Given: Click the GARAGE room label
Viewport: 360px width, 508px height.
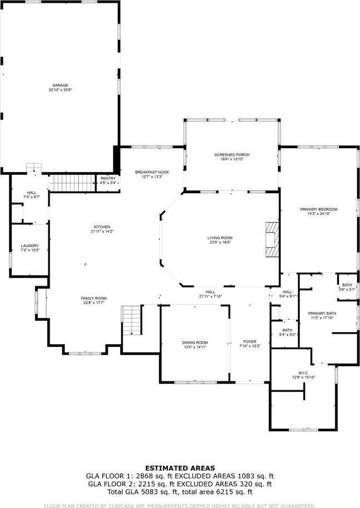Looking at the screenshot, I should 61,85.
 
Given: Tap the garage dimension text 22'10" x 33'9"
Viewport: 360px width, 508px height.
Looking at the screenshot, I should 61,90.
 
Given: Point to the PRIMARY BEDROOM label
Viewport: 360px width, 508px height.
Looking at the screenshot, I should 318,209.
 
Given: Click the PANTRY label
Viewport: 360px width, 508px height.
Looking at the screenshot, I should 108,178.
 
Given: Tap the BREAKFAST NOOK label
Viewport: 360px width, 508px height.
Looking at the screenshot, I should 152,172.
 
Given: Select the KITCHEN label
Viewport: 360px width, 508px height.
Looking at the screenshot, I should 102,227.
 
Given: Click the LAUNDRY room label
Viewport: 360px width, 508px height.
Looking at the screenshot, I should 30,245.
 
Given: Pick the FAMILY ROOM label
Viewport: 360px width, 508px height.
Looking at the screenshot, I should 93,298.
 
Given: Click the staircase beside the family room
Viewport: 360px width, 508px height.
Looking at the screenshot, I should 132,320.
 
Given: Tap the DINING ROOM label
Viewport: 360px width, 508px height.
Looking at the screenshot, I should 195,342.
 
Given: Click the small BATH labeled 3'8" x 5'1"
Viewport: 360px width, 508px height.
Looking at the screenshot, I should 347,286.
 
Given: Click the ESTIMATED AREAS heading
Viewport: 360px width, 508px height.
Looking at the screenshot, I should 180,468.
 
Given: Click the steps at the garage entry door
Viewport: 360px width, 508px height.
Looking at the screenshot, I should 34,168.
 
